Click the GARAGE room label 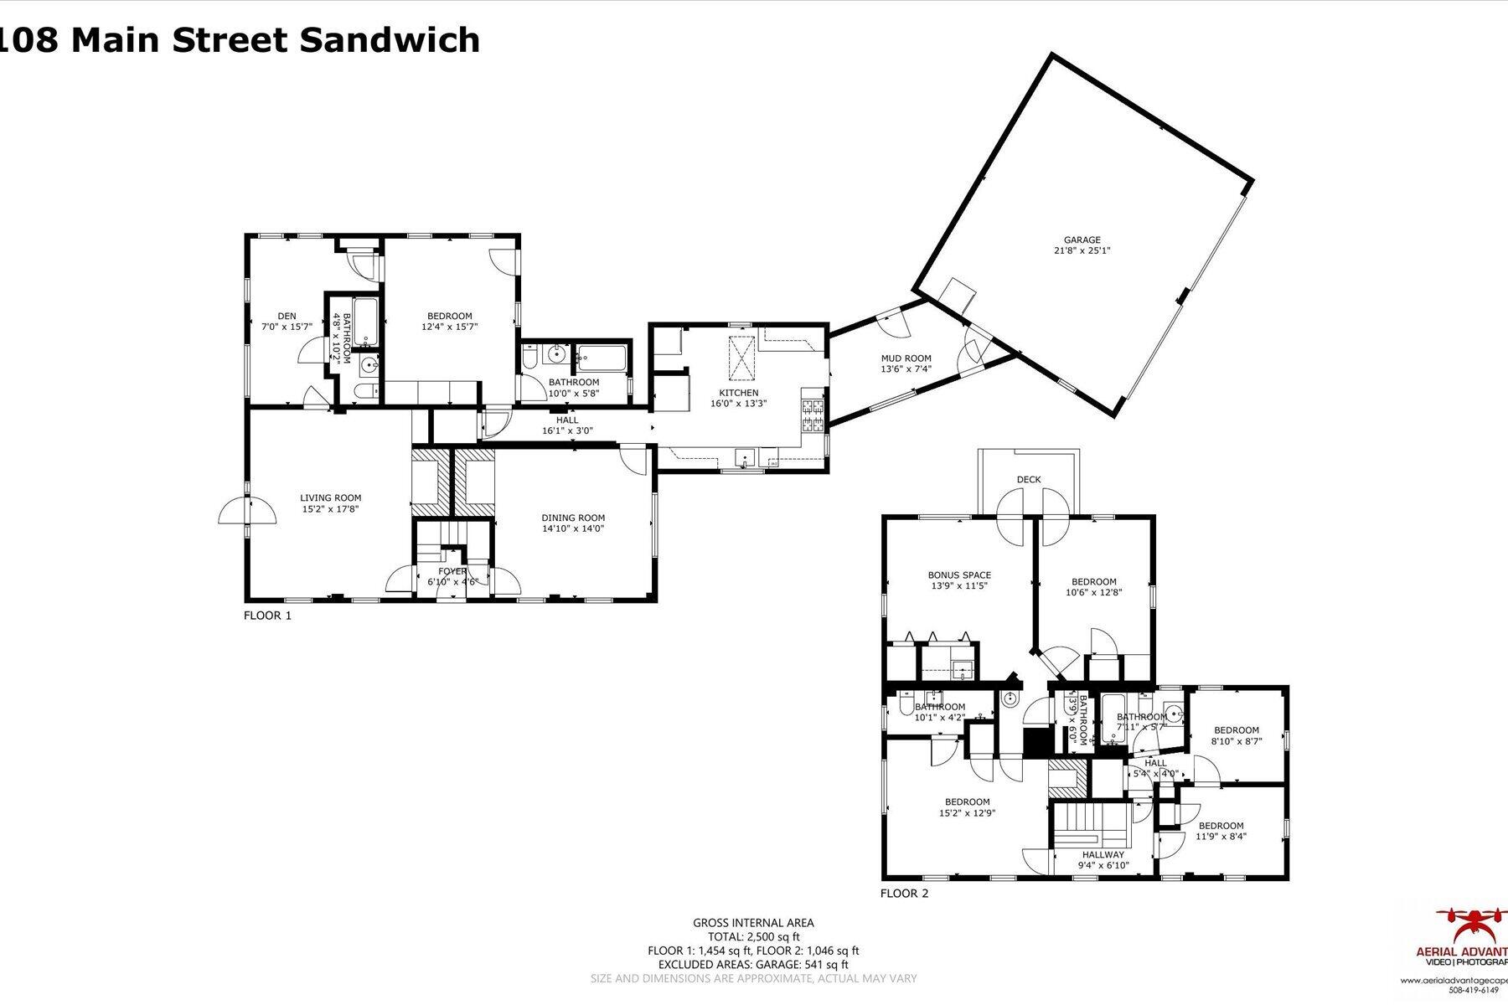point(1082,240)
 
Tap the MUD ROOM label point(906,358)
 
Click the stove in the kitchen point(813,416)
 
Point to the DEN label point(287,317)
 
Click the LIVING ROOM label point(330,497)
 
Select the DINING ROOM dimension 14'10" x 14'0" point(572,528)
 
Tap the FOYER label point(452,571)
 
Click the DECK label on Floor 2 point(1029,480)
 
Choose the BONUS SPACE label point(959,575)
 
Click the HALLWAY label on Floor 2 point(1103,855)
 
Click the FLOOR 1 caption point(267,616)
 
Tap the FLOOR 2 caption point(904,894)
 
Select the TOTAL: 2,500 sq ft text point(753,937)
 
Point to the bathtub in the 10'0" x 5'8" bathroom point(602,359)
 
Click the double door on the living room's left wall point(247,511)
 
